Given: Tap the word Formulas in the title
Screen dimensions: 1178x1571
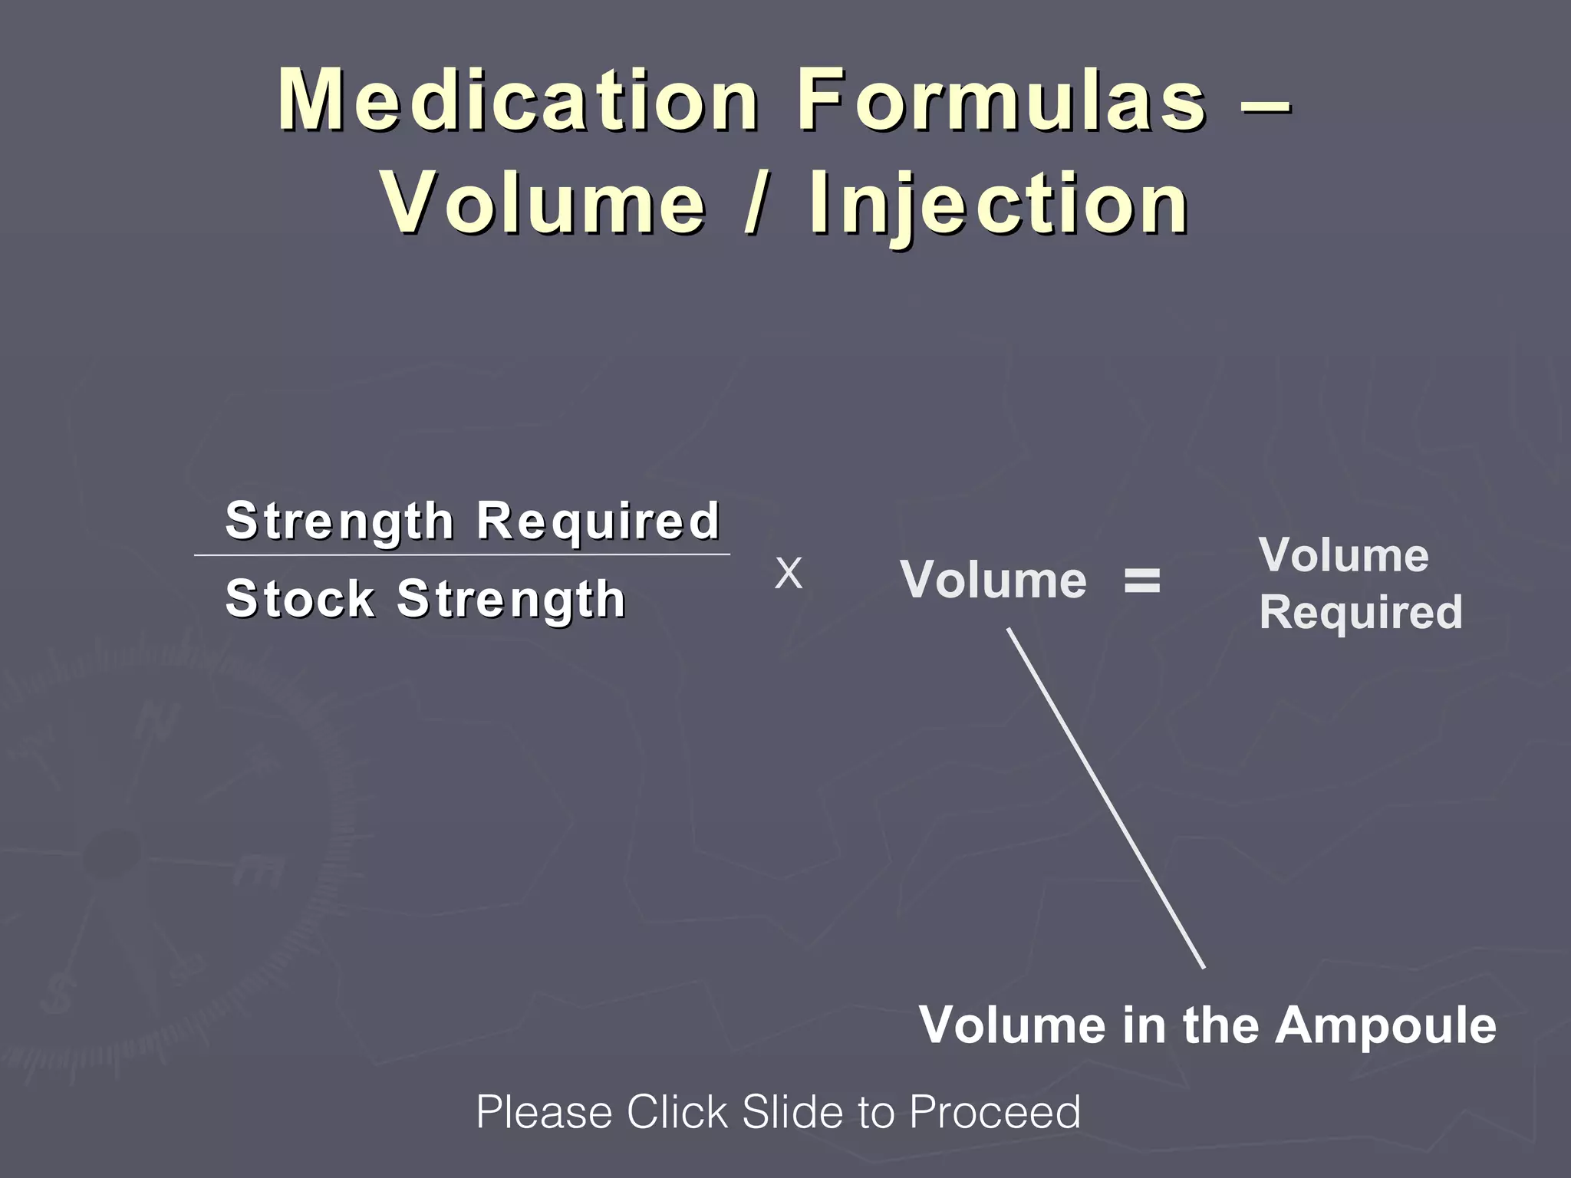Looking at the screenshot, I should click(1001, 100).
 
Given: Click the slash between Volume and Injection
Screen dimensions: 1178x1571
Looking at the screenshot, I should click(756, 204).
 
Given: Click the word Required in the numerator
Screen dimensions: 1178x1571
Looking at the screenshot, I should click(598, 521).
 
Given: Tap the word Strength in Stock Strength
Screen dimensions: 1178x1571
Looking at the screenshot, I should click(511, 600).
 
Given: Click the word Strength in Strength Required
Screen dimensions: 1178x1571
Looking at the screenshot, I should click(340, 522).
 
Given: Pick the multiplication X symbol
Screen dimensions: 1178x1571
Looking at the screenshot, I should click(789, 574).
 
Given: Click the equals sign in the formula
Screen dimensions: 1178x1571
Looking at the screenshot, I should click(1142, 581).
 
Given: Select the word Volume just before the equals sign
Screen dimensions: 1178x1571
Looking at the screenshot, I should click(993, 580).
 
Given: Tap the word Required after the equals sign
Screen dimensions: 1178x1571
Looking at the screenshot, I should click(1361, 613).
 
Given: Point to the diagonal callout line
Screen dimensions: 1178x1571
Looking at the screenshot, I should click(1105, 798).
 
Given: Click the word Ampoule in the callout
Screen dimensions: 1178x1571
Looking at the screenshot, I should click(1385, 1025).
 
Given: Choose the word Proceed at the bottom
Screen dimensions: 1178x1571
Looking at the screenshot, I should click(994, 1112).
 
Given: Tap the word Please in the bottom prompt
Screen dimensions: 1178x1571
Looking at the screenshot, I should click(544, 1112).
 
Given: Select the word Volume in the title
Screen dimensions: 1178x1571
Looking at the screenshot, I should click(544, 204).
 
